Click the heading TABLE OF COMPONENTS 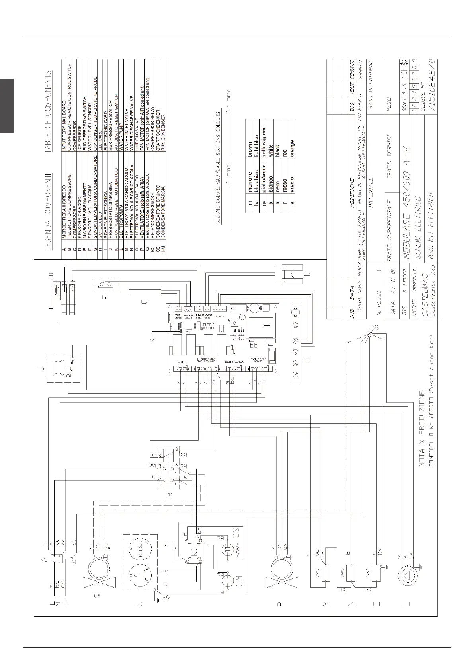click(x=48, y=111)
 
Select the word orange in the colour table click(x=292, y=148)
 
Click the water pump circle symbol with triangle click(x=407, y=576)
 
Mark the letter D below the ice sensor click(x=306, y=274)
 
